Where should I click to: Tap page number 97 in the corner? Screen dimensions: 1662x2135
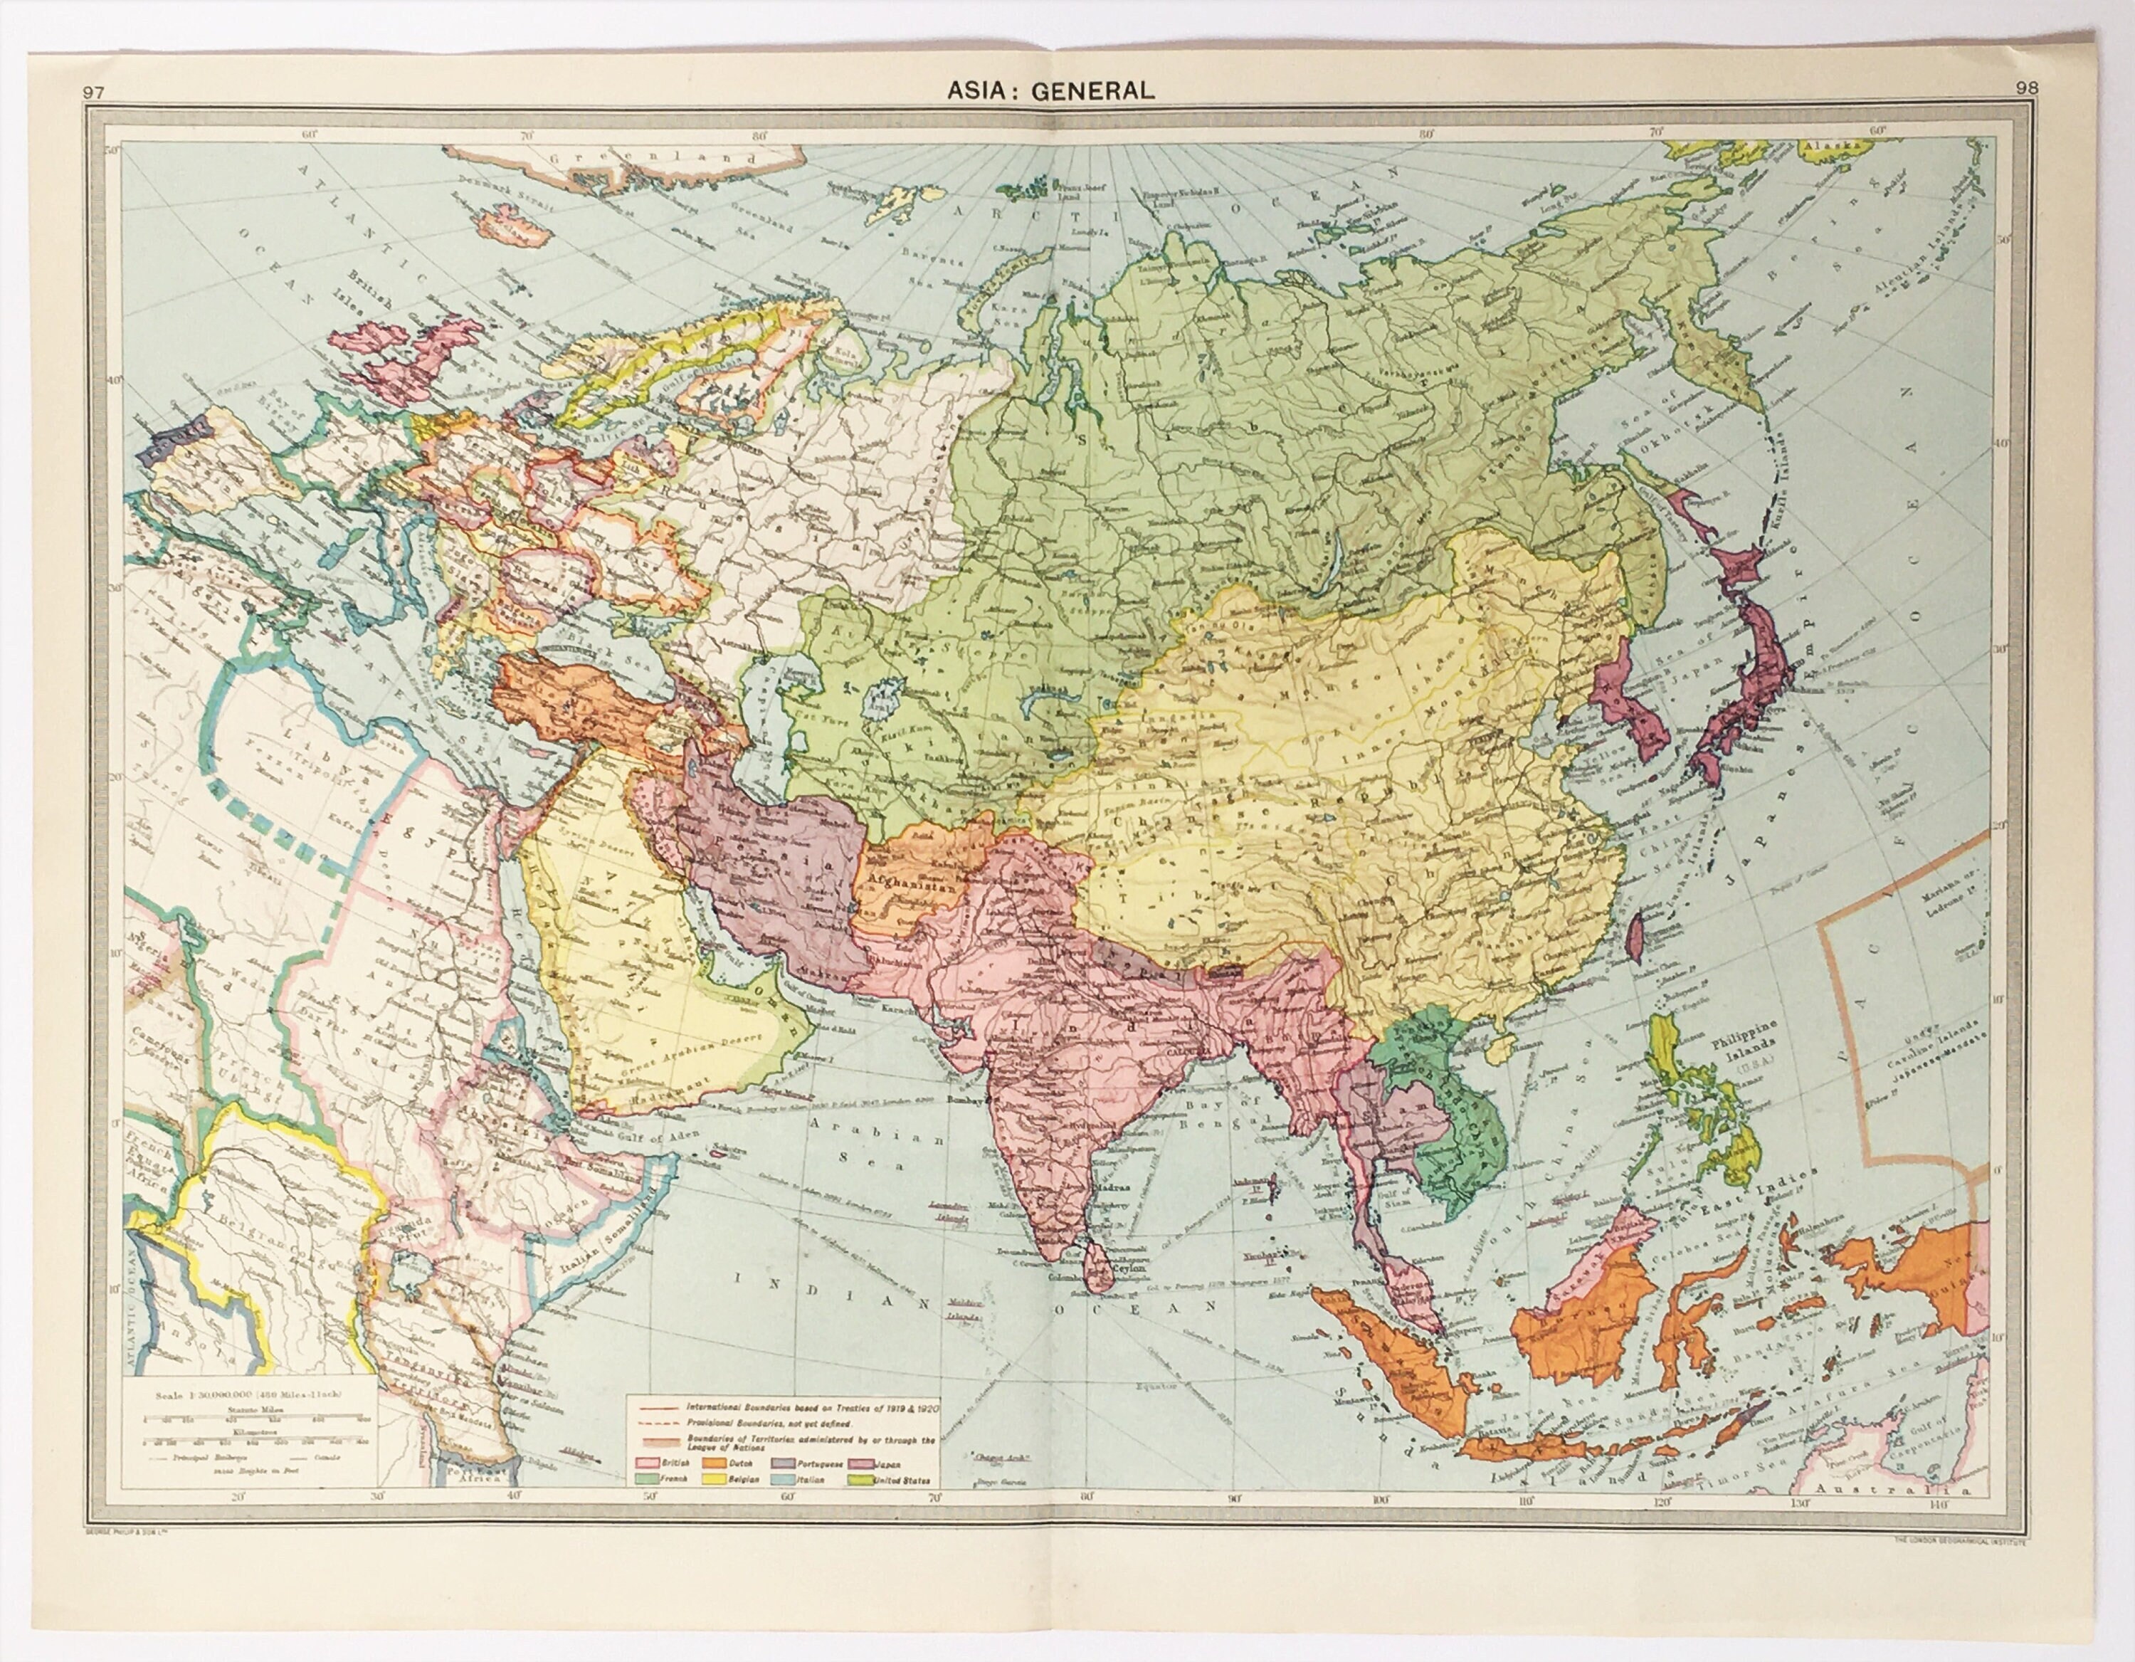click(x=94, y=93)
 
